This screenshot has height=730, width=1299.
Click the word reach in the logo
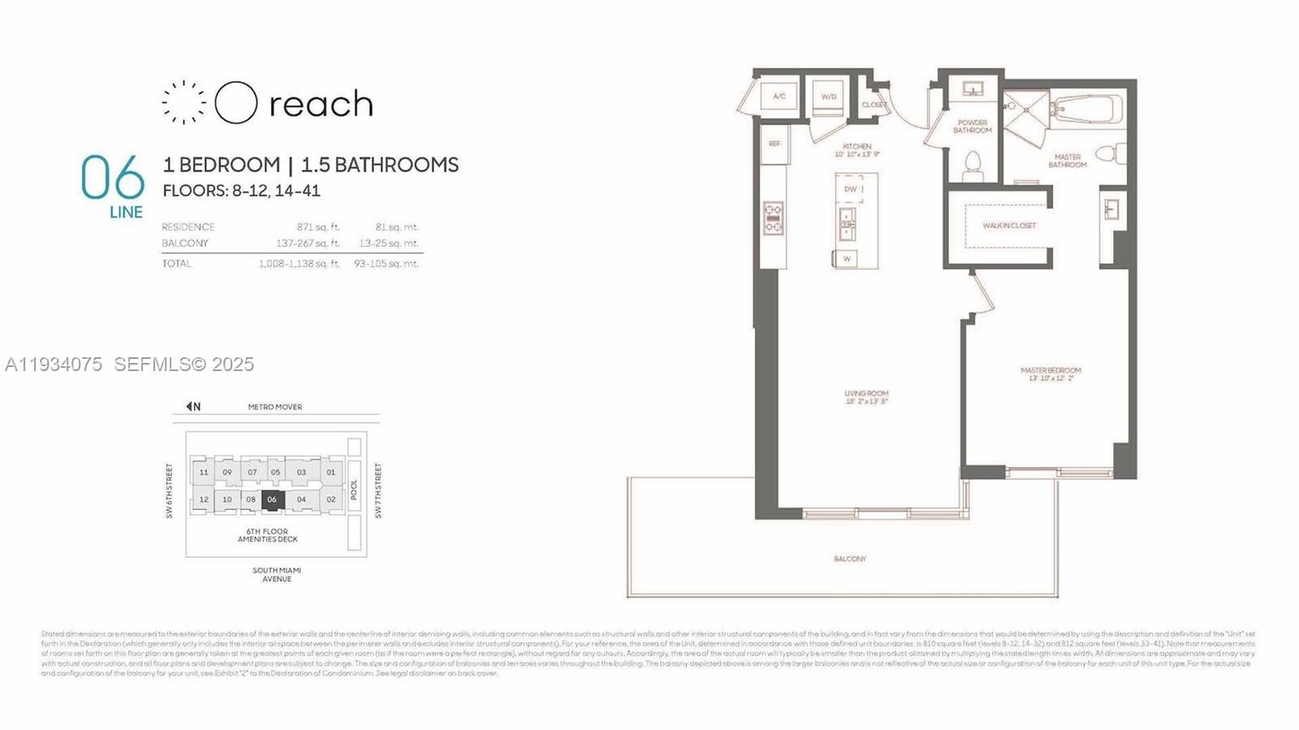[321, 105]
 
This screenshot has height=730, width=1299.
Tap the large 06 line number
[112, 178]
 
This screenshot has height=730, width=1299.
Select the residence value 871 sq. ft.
[317, 227]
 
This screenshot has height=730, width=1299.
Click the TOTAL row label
[176, 264]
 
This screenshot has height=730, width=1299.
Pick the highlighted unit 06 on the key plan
[272, 499]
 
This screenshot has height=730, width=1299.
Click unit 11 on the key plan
[204, 472]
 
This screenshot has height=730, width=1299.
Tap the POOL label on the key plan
[354, 490]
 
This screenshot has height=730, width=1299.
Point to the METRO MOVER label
[274, 407]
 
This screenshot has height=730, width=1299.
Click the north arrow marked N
[193, 407]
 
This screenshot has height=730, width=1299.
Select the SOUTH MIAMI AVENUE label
[276, 575]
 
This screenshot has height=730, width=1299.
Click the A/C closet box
[779, 97]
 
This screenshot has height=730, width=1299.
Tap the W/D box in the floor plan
[828, 97]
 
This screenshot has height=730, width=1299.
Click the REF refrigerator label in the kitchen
[774, 144]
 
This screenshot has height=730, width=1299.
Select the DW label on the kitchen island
[850, 189]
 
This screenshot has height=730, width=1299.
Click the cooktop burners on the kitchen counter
[773, 218]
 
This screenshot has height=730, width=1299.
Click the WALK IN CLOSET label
[1009, 226]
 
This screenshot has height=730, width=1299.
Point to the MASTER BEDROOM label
[1051, 374]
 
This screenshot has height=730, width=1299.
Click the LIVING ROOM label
[866, 397]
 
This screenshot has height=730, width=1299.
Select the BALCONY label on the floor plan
[849, 559]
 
